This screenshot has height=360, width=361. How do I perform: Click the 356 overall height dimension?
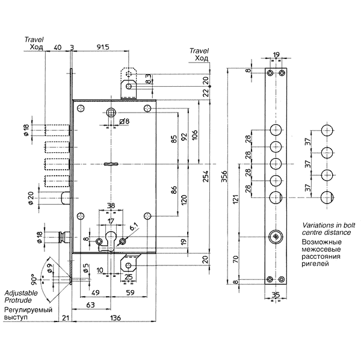click(x=224, y=176)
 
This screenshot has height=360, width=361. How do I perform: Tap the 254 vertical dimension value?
click(x=205, y=176)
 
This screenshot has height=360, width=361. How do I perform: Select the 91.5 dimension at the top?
click(x=103, y=47)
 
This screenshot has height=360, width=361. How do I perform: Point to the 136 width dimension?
click(x=115, y=318)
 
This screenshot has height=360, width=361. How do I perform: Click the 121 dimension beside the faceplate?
click(x=235, y=199)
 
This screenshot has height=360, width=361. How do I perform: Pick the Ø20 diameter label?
click(x=31, y=198)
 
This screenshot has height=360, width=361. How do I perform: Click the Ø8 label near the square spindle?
click(x=125, y=121)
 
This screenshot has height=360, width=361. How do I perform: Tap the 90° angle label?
click(x=34, y=279)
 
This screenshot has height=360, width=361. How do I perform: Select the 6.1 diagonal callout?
click(x=134, y=227)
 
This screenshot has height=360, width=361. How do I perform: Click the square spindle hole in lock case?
click(x=111, y=113)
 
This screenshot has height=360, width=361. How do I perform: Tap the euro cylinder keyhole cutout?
click(x=111, y=241)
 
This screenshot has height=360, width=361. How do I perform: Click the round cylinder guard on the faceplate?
click(x=276, y=237)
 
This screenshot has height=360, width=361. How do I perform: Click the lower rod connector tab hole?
click(x=129, y=265)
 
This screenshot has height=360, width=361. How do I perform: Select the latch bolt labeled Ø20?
click(x=66, y=198)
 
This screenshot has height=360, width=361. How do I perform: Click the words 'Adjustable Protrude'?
click(x=21, y=297)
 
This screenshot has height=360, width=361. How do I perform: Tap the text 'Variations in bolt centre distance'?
click(x=328, y=229)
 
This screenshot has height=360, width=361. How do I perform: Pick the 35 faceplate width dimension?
click(x=276, y=295)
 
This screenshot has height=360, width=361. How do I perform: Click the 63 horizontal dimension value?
click(x=90, y=305)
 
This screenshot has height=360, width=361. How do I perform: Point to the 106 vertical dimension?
click(x=195, y=135)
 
